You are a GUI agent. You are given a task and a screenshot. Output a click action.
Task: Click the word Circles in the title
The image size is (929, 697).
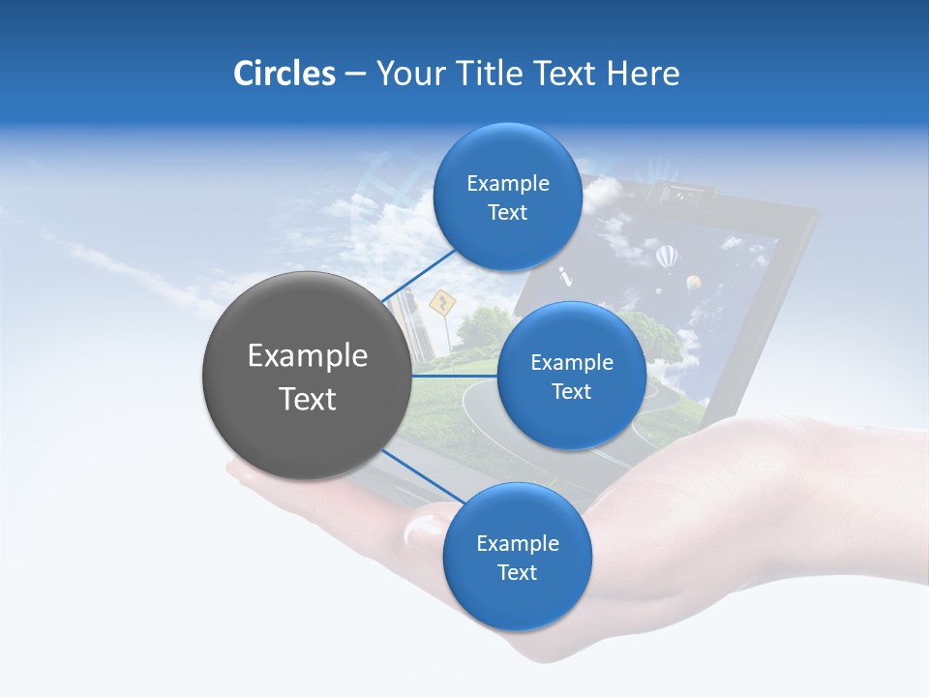[x=284, y=74]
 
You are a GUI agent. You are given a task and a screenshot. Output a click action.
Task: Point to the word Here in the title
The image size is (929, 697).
[x=644, y=74]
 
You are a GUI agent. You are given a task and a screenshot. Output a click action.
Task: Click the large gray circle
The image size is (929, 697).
[x=307, y=376]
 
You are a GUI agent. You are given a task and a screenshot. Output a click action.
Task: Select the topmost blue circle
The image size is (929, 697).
[x=507, y=197]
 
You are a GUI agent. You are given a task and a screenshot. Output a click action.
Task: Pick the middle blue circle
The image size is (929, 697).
[x=571, y=376]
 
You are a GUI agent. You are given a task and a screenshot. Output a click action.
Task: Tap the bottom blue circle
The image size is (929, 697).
[x=517, y=557]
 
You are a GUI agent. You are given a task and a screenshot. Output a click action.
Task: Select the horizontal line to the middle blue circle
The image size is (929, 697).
[x=455, y=376]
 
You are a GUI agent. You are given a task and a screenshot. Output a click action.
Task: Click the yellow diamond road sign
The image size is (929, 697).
[x=441, y=304]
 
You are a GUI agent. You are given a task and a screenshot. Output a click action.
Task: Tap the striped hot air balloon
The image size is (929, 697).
[x=667, y=258]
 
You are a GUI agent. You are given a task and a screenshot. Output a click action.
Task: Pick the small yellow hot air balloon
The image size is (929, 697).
[x=693, y=283]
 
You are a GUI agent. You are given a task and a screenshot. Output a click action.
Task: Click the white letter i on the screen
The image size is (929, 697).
[x=566, y=278]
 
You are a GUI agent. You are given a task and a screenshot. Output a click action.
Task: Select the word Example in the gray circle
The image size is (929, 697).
[x=307, y=356]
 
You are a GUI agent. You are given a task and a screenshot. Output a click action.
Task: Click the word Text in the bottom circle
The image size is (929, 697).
[x=517, y=572]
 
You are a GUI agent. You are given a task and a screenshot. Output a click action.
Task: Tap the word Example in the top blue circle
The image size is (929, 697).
[x=507, y=183]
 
